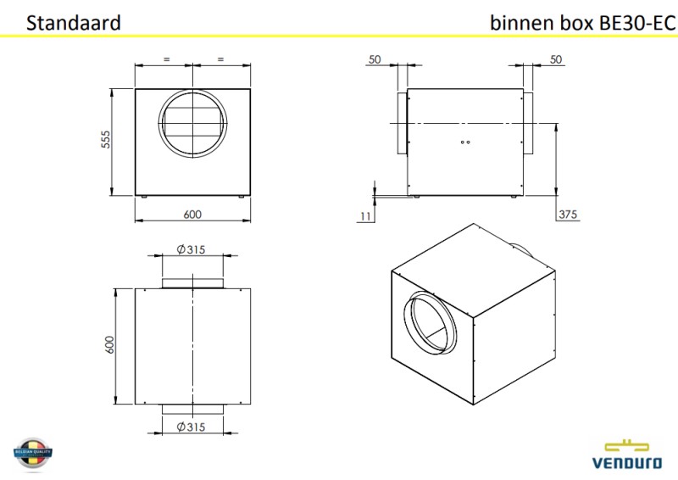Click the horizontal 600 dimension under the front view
192,215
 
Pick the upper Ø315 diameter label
192,249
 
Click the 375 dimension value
567,215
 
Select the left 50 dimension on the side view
374,59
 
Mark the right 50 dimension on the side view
556,59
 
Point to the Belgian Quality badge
33,455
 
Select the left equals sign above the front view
166,59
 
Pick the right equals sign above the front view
220,59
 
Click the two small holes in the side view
463,142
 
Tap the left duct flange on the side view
402,123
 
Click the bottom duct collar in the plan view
192,409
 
